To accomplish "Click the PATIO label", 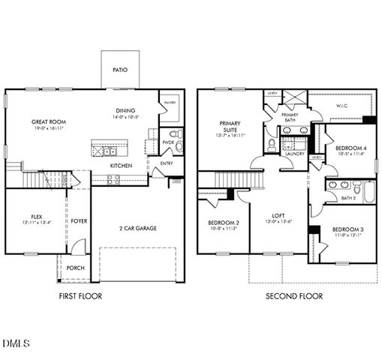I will pyautogui.click(x=120, y=69).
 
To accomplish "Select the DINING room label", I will pyautogui.click(x=125, y=109).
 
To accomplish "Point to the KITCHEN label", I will pyautogui.click(x=122, y=165).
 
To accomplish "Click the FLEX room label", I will pyautogui.click(x=32, y=216).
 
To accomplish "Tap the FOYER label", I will pyautogui.click(x=79, y=221).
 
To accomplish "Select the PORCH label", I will pyautogui.click(x=75, y=268).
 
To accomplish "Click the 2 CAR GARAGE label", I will pyautogui.click(x=137, y=227).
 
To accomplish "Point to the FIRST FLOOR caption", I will pyautogui.click(x=80, y=296).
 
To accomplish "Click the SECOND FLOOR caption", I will pyautogui.click(x=294, y=296).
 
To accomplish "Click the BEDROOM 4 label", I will pyautogui.click(x=350, y=148).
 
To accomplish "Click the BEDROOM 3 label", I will pyautogui.click(x=347, y=229).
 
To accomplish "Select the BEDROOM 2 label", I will pyautogui.click(x=223, y=223).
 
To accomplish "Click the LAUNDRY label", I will pyautogui.click(x=294, y=154).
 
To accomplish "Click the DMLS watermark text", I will pyautogui.click(x=16, y=344).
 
